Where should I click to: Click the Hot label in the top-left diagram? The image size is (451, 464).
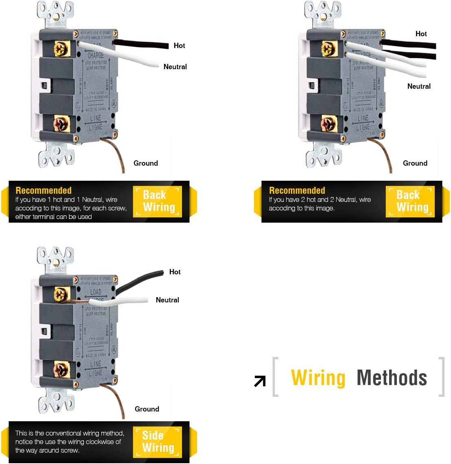(179, 46)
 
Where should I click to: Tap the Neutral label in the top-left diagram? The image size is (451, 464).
(175, 67)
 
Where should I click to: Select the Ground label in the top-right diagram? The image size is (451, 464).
(415, 163)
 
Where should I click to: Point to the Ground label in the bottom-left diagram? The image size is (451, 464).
(147, 409)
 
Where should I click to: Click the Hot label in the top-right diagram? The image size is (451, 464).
(421, 34)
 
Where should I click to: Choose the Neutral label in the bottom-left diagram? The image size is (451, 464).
(167, 300)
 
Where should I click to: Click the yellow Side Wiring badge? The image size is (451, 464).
(158, 442)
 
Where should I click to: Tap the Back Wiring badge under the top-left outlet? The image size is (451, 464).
(158, 201)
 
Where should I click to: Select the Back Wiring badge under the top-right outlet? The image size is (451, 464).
(410, 201)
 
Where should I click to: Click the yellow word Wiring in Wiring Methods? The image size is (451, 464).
(318, 378)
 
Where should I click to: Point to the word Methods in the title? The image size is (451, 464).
(392, 378)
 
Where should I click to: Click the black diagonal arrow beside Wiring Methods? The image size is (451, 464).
(260, 381)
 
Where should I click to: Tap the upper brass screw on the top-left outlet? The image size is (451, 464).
(61, 49)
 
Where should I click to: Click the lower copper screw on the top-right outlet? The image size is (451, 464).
(328, 124)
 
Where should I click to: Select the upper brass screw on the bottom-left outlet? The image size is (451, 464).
(61, 294)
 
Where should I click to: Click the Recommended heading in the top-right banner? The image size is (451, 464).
(297, 190)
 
